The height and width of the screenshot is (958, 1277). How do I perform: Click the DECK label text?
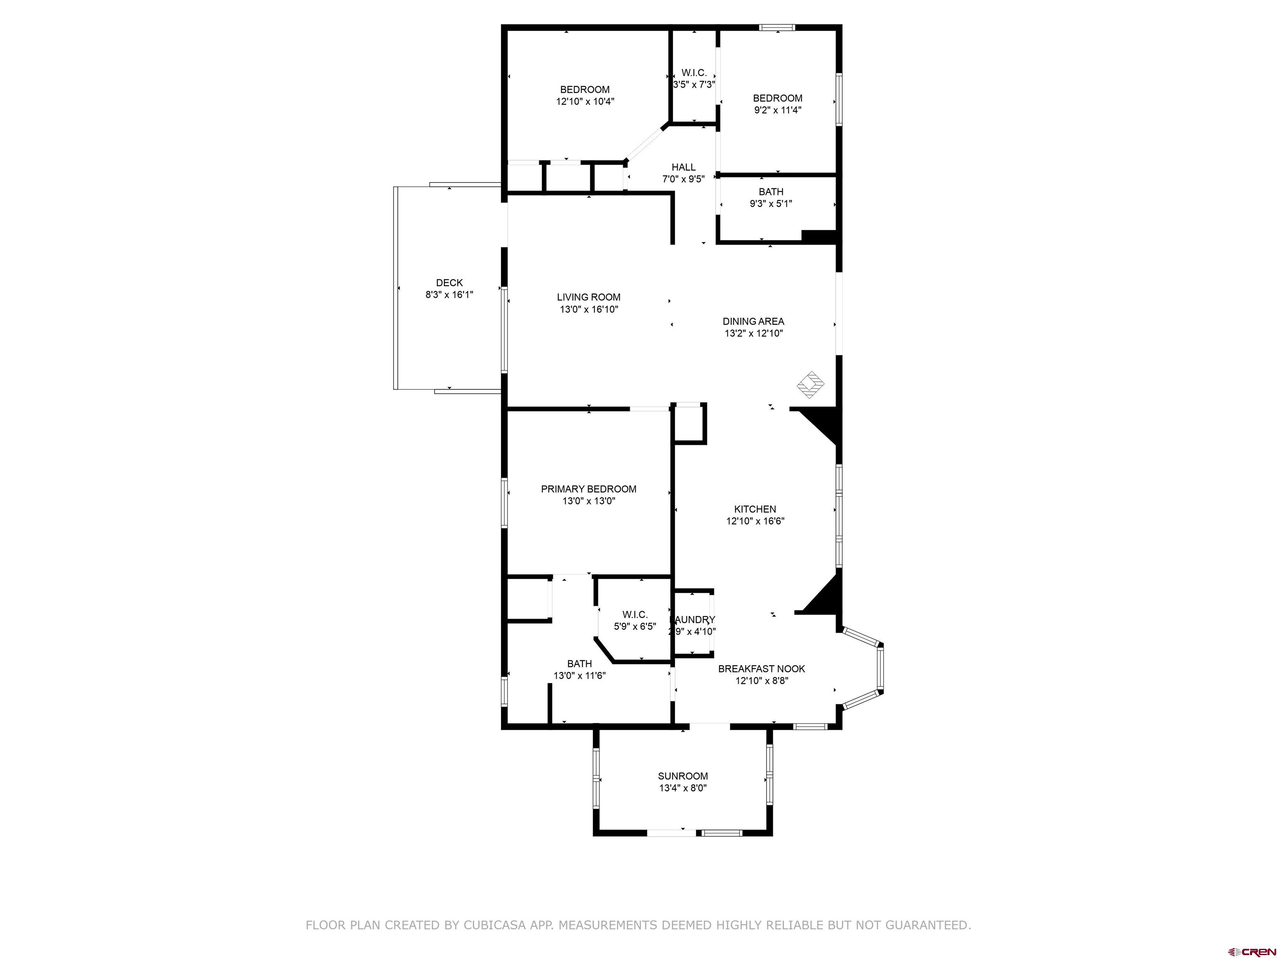coord(449,282)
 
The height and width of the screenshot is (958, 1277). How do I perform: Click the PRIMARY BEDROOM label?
coord(588,489)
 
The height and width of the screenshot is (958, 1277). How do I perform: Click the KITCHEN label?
coord(754,509)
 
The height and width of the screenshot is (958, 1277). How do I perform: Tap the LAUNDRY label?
coord(693,620)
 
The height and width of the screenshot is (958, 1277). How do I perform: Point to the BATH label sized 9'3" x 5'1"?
coord(771,192)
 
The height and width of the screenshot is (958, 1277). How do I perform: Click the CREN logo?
coord(1252,951)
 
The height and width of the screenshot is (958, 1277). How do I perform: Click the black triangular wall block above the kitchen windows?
coord(820,425)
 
